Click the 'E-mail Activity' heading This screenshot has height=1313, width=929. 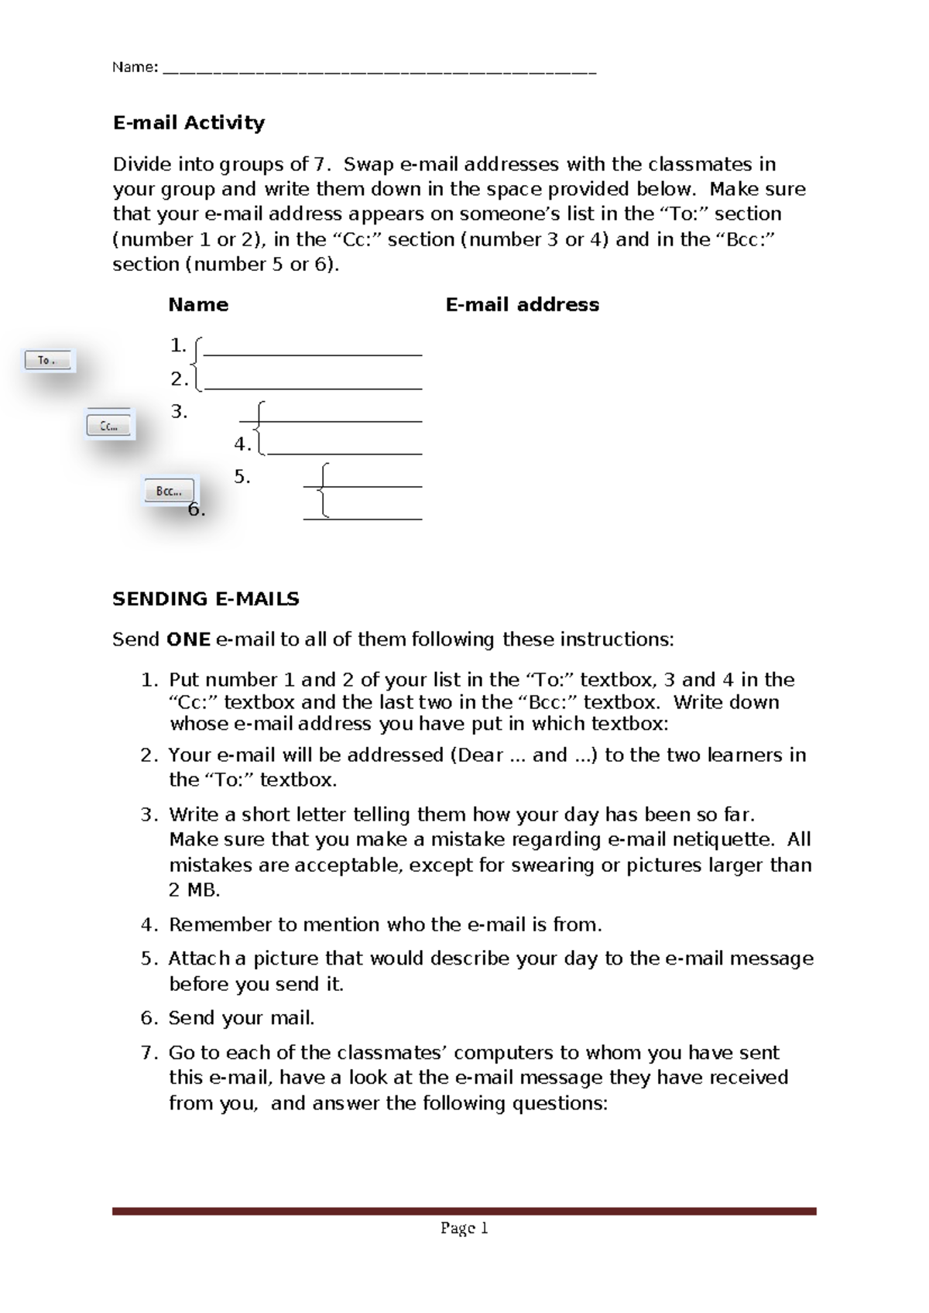(189, 123)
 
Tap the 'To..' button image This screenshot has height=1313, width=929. (48, 361)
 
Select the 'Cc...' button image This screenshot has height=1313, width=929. (109, 426)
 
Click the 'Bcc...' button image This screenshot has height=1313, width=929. (170, 492)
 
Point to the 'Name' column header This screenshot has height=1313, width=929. (198, 305)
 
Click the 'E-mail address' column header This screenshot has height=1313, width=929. (522, 305)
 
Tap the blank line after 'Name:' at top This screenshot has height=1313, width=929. (379, 70)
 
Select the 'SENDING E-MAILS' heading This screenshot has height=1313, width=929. (206, 599)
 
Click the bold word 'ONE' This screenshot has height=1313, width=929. (188, 639)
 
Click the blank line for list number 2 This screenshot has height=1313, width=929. (314, 386)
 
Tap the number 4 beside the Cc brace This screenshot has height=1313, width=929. (242, 444)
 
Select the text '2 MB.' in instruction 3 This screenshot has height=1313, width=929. (194, 890)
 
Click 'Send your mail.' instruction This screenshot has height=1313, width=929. (242, 1018)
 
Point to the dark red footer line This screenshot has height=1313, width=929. (464, 1211)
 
